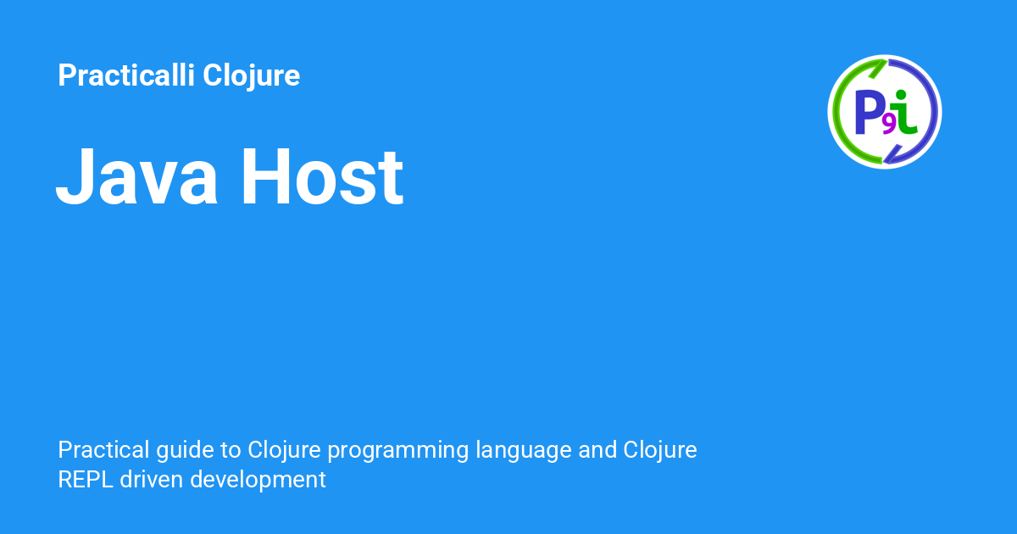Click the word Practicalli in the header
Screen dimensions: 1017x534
click(126, 75)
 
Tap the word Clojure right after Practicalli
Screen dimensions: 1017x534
click(251, 76)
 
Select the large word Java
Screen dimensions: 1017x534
click(136, 176)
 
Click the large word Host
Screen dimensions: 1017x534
click(322, 176)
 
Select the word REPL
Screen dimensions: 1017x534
click(86, 480)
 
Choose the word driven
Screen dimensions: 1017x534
click(151, 480)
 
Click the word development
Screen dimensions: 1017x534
click(258, 481)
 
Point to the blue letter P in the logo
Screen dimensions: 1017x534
click(868, 112)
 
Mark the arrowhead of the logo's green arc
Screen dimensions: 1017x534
click(879, 68)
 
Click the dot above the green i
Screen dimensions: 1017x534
click(901, 95)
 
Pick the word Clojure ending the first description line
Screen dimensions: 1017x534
click(659, 451)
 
